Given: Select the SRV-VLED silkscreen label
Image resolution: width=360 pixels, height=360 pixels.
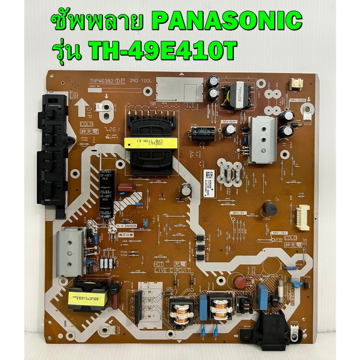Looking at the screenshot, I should [298, 101].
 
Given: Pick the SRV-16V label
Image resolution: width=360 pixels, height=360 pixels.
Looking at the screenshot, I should [279, 233].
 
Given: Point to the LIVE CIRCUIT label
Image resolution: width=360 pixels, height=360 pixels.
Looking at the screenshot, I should [173, 270].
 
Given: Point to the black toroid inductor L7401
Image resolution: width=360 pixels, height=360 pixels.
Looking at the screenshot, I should [270, 208].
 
